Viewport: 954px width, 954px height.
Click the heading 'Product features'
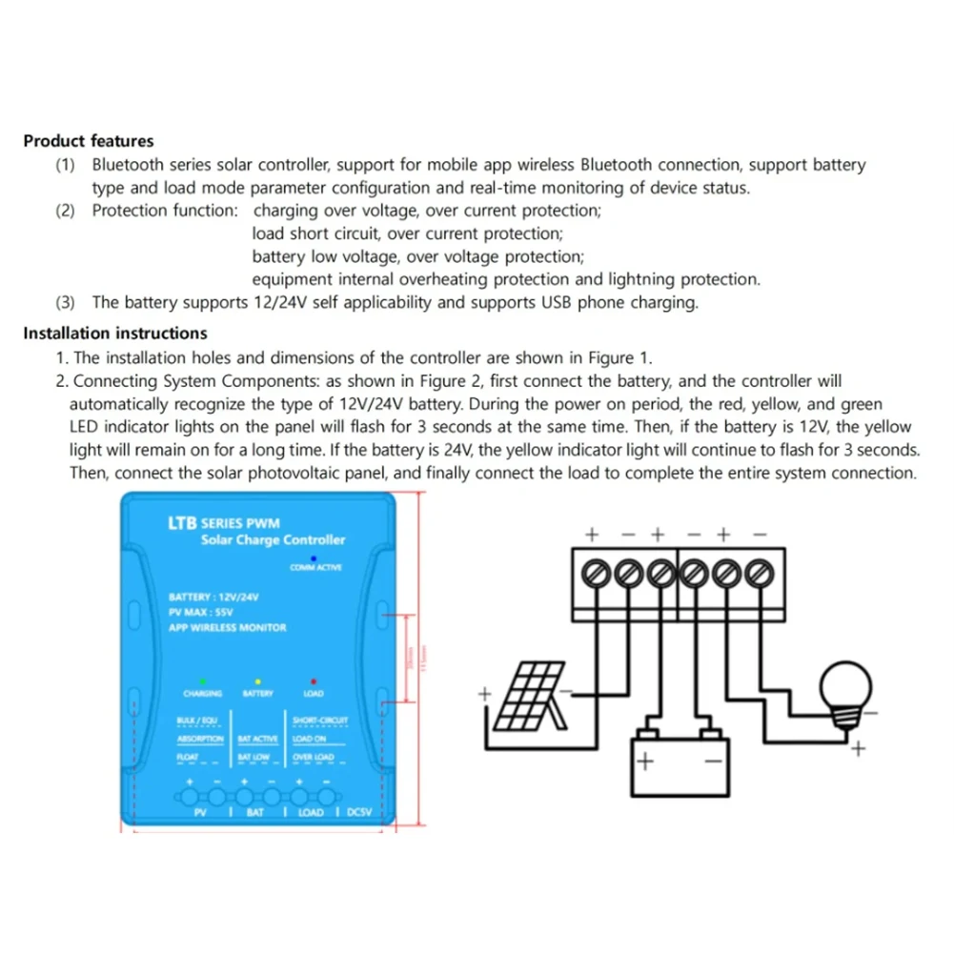coord(88,141)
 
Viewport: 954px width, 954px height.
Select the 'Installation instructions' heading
coord(114,334)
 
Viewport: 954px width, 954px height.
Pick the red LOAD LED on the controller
coord(314,682)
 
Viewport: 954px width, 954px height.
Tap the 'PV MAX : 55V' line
coord(201,613)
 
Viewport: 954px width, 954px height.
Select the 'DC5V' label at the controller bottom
coord(359,813)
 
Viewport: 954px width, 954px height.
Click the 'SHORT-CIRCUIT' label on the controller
coord(320,721)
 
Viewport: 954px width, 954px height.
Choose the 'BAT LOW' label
coord(254,758)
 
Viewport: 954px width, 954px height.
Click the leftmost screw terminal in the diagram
coord(591,575)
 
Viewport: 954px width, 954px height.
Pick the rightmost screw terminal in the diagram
coord(758,575)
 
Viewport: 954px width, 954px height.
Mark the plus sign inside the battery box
coord(645,761)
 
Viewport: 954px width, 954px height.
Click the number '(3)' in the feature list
coord(66,303)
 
